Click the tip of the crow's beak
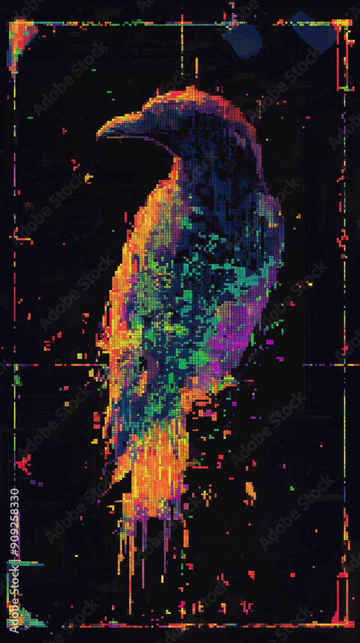[x=98, y=135]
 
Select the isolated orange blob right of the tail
[x=250, y=492]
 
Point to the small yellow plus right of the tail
[x=206, y=495]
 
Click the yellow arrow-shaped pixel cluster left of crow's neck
[x=88, y=177]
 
